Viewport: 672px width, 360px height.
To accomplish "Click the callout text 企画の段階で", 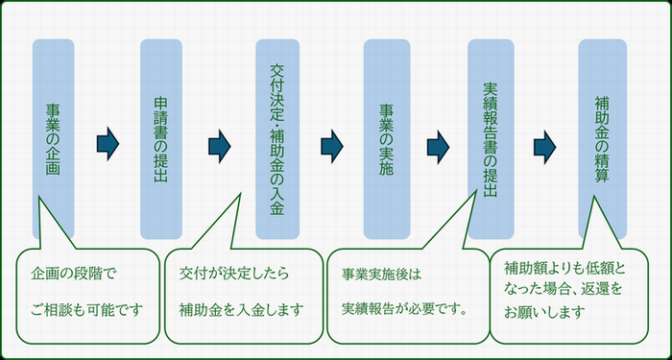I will click(73, 273).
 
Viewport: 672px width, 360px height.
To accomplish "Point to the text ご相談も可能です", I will click(85, 309).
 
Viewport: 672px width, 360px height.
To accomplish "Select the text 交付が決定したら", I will click(234, 273).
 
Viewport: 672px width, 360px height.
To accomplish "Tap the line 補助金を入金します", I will click(241, 309).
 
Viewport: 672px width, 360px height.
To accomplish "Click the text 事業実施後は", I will click(381, 274).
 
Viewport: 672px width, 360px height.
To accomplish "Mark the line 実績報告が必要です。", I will click(404, 309).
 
